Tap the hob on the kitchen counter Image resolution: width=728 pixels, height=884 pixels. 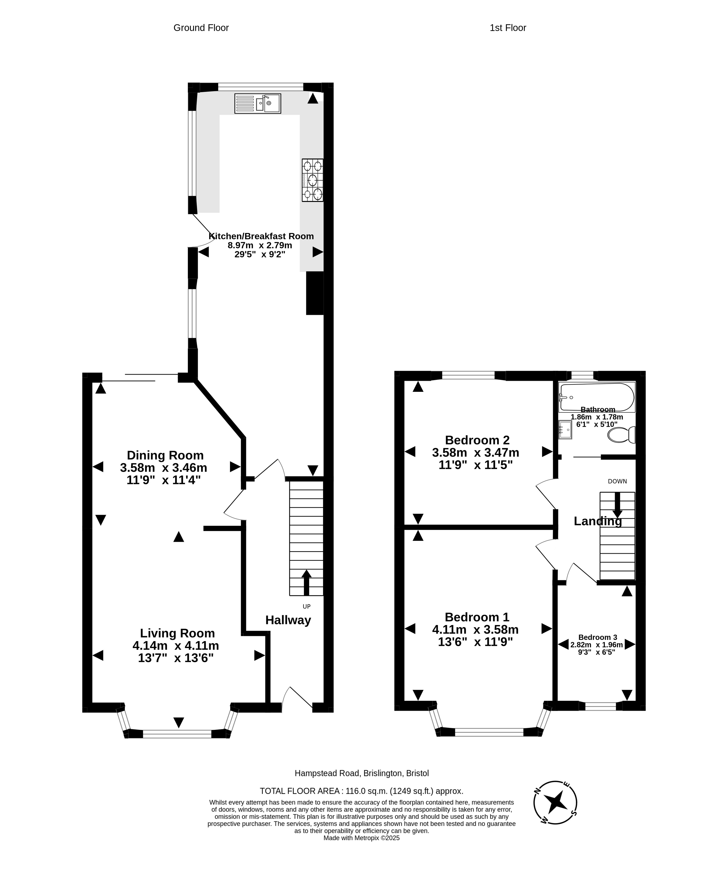pos(312,180)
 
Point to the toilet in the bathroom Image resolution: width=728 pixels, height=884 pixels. pos(621,435)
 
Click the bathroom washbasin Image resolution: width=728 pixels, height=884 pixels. pos(565,430)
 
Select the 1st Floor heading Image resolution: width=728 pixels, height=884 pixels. pos(508,28)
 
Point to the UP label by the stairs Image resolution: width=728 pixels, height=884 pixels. pos(307,606)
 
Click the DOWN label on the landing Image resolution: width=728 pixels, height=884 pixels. pos(617,482)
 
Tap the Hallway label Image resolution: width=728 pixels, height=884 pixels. pos(288,620)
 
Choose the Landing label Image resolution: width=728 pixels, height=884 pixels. pos(598,521)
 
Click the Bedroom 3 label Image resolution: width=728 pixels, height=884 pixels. pos(598,637)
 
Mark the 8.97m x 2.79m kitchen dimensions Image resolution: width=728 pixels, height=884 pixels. pos(260,245)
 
